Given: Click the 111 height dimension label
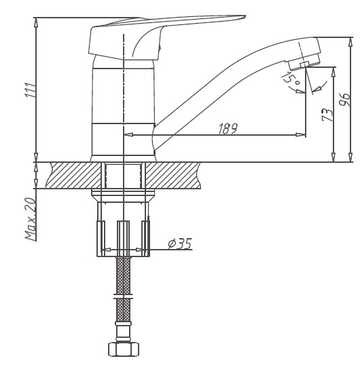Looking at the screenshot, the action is (x=31, y=90).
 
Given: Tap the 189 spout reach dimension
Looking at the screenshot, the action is (x=228, y=128).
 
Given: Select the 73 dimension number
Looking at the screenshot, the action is (x=327, y=115).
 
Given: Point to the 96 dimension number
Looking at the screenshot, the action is (x=345, y=100).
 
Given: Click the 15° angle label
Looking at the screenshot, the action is (x=290, y=79).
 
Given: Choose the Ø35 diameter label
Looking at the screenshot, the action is (x=179, y=244).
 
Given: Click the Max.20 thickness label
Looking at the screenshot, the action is (x=31, y=219).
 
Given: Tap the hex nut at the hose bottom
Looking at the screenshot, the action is (x=124, y=349).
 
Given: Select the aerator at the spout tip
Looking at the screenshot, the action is (x=304, y=61).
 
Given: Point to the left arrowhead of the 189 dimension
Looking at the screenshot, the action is (x=128, y=134).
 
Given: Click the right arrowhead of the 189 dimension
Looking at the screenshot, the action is (x=300, y=134).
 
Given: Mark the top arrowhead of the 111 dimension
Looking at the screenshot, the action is (x=35, y=22).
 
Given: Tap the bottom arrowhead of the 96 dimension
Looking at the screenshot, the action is (x=350, y=157).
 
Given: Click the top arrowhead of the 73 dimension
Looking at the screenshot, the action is (x=334, y=72).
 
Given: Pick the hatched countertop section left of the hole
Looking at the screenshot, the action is (x=74, y=175).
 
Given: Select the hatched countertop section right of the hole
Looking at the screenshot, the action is (x=173, y=175).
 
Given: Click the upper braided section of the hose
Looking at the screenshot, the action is (x=124, y=275).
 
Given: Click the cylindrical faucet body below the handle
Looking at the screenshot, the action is (x=123, y=109).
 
